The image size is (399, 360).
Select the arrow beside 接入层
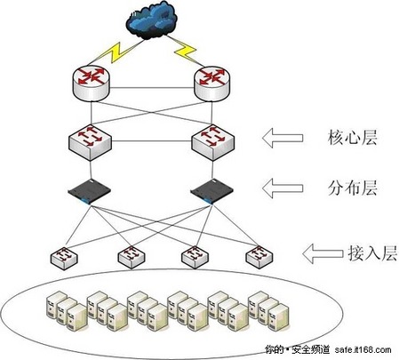tap(320, 254)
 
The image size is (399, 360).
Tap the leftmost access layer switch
tap(65, 257)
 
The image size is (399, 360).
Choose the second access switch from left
tap(130, 257)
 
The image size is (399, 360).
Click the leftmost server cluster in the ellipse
tap(65, 307)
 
